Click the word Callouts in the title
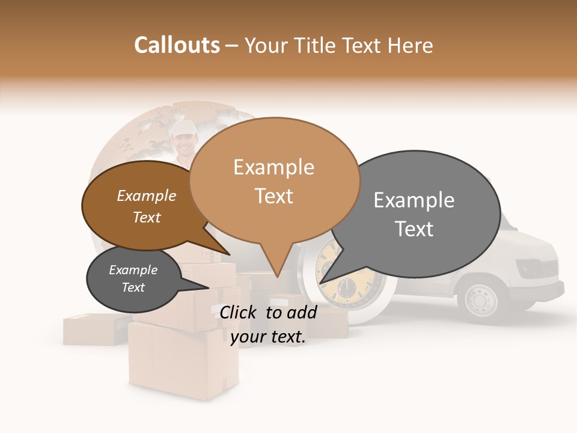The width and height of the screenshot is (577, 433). click(177, 45)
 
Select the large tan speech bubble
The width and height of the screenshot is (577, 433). click(274, 180)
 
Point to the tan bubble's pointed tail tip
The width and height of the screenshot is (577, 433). click(276, 277)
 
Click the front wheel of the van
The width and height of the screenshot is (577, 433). click(481, 298)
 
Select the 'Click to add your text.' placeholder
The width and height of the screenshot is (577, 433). click(268, 325)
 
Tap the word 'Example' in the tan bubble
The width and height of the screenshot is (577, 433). click(274, 167)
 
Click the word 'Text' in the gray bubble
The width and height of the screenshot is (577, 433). click(415, 229)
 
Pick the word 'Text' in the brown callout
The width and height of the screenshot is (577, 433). click(147, 218)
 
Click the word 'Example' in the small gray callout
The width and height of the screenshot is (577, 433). click(133, 270)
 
